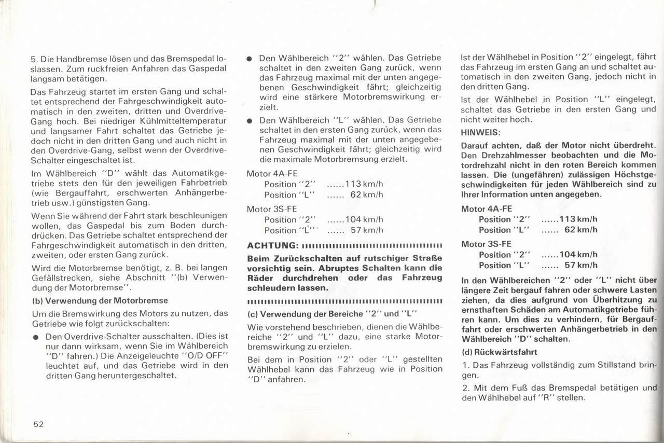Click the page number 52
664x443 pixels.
(38, 424)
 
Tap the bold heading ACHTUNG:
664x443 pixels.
(272, 245)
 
